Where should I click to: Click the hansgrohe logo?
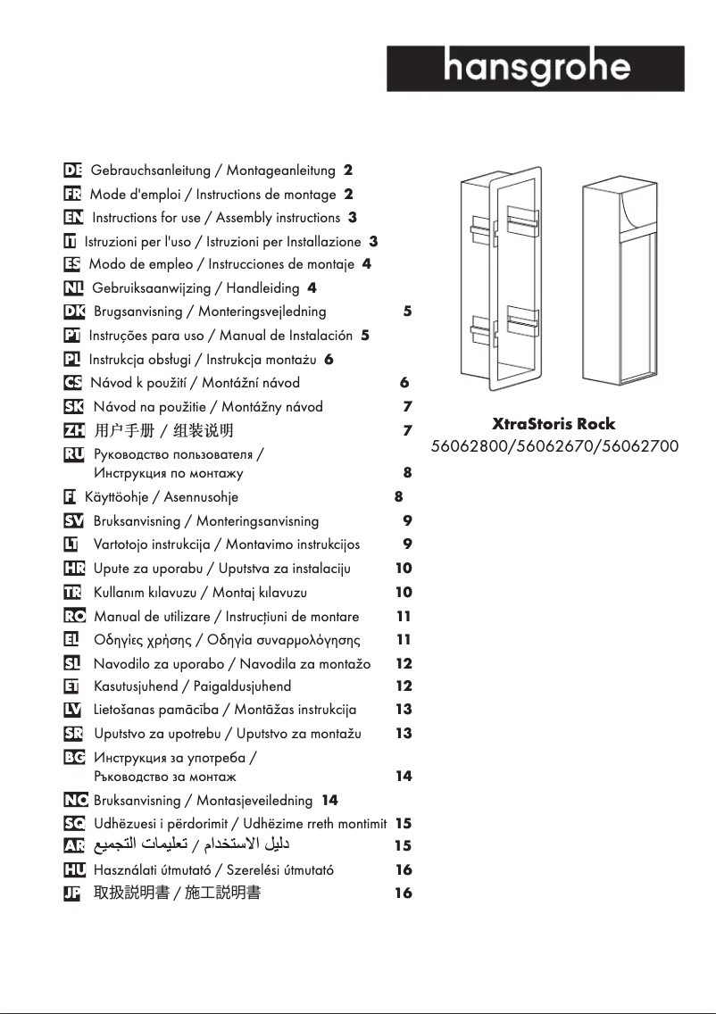536,68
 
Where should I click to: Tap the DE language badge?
74,170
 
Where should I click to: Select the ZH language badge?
74,430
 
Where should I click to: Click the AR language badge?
74,844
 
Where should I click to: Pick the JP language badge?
74,893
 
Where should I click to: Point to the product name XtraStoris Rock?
554,423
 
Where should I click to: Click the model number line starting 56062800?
554,445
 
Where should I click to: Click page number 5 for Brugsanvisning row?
407,312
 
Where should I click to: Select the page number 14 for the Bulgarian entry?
404,776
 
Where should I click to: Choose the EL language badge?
74,640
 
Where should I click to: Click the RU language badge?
74,454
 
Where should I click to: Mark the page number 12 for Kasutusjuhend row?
404,686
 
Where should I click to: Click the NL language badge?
74,288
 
